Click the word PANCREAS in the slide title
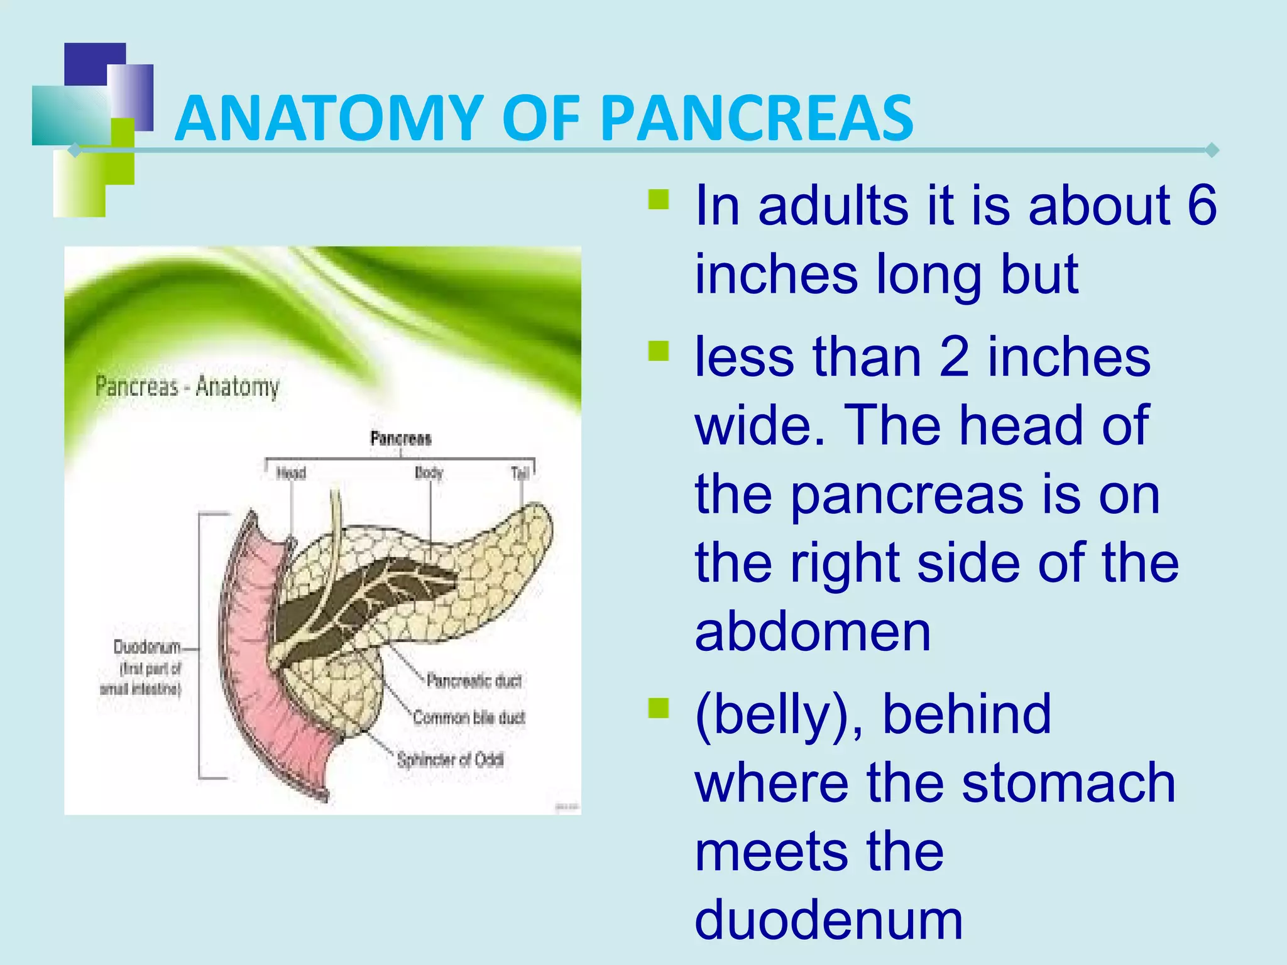[757, 118]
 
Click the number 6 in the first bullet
[1202, 206]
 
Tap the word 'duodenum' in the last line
[828, 920]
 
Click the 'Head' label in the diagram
[291, 472]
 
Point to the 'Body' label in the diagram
[429, 472]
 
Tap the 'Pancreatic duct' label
[474, 680]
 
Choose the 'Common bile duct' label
[469, 717]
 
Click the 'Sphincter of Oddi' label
[450, 760]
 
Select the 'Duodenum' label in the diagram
[147, 647]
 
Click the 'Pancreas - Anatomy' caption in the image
[187, 386]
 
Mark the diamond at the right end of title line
[1212, 150]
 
